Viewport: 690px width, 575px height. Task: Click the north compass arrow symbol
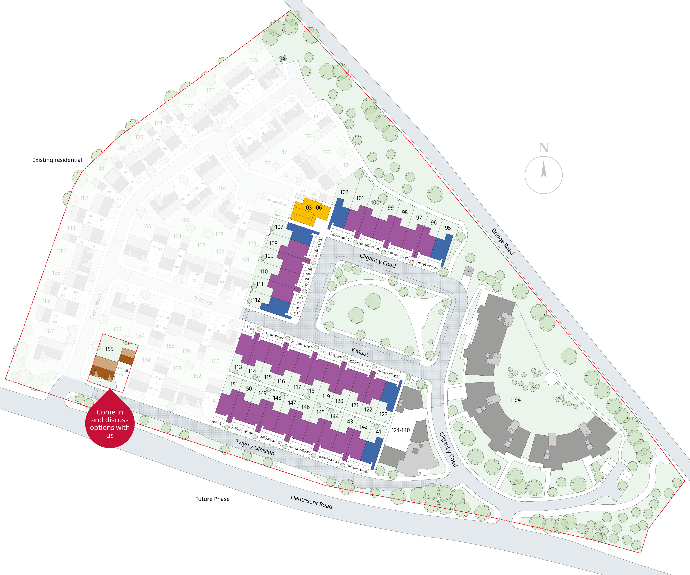543,170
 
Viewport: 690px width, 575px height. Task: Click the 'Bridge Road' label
503,241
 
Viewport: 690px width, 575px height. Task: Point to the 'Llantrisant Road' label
311,502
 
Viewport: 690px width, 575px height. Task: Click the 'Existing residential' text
57,160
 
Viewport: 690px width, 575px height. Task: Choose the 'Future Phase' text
212,499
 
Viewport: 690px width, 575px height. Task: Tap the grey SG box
283,58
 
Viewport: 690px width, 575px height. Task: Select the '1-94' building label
515,400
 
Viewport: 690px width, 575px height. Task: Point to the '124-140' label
400,430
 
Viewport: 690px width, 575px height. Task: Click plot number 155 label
109,349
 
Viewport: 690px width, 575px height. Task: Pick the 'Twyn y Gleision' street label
255,447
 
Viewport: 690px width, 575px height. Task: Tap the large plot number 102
344,192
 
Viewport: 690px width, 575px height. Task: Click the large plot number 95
448,228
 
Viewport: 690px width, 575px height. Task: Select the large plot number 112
256,300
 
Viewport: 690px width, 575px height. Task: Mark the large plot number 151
234,384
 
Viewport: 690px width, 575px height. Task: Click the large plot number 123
383,414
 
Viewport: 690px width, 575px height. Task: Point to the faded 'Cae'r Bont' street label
96,306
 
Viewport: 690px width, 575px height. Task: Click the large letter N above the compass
543,148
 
